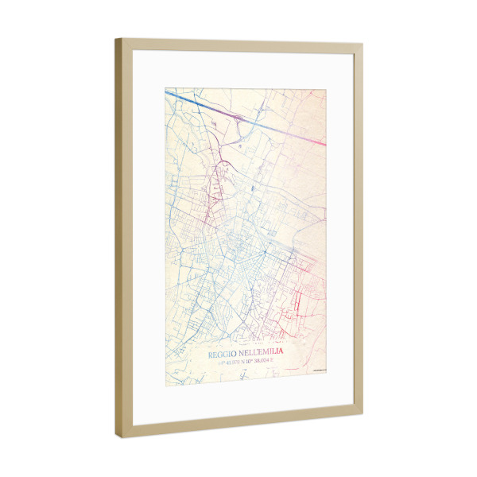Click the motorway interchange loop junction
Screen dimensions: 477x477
(238, 120)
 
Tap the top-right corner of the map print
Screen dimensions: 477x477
(325, 90)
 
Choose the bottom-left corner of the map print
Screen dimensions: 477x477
(166, 385)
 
